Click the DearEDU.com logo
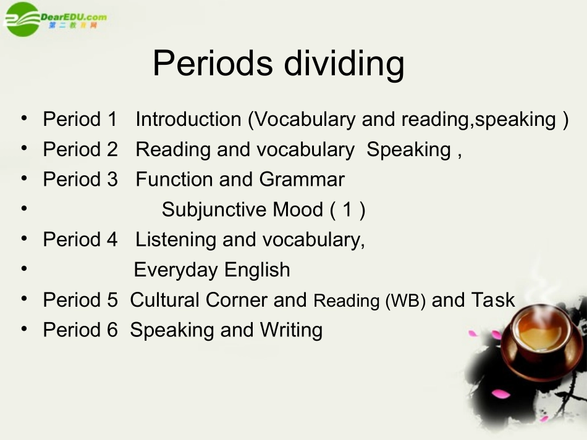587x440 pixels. click(56, 19)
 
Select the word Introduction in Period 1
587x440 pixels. click(188, 119)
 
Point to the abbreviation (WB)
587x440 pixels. click(405, 301)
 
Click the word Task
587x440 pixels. click(492, 300)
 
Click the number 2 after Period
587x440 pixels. click(111, 149)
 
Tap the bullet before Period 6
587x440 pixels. click(23, 329)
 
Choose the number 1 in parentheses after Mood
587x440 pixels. click(347, 210)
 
